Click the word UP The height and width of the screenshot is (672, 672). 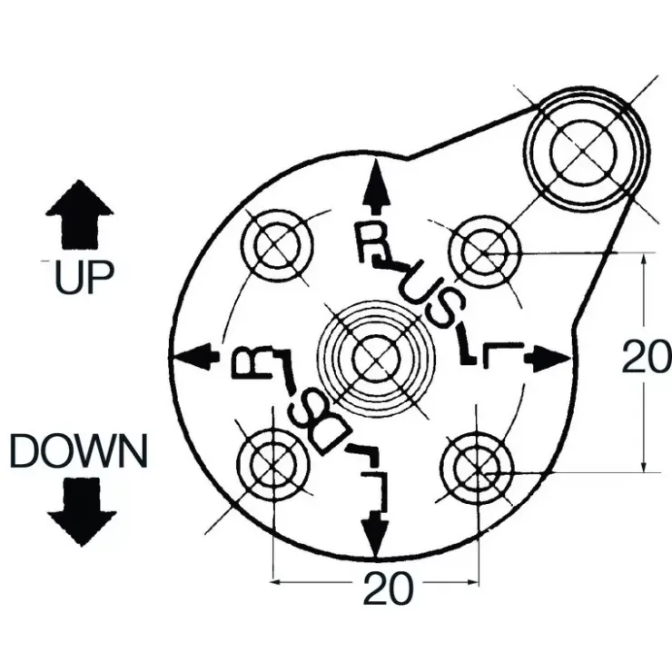84,277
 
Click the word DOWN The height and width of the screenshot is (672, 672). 79,450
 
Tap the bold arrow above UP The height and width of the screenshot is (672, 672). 80,214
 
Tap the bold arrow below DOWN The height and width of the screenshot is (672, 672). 82,512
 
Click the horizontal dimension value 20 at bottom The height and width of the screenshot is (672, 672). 389,588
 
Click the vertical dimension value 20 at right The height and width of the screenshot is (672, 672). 647,357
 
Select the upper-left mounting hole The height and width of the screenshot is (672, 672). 277,245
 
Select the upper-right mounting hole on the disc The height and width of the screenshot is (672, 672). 484,252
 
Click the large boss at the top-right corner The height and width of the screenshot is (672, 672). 586,152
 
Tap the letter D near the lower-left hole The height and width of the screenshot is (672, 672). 332,440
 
